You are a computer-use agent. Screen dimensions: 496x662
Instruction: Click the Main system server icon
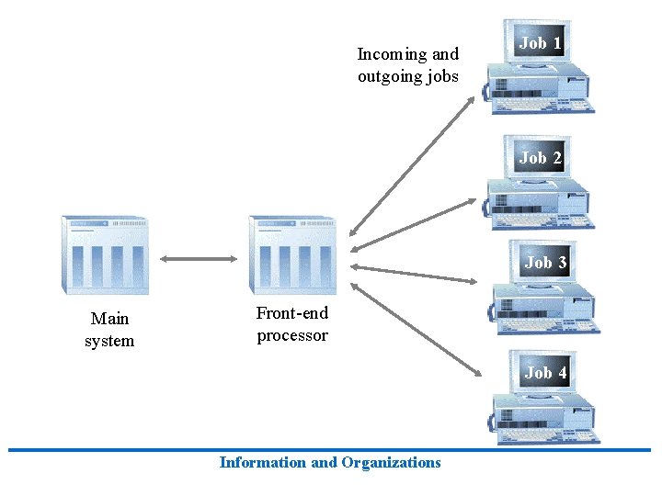point(105,255)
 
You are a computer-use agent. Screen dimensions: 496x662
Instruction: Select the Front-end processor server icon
point(292,255)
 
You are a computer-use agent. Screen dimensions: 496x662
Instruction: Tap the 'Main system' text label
point(109,330)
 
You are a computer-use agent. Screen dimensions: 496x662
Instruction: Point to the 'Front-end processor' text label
point(291,324)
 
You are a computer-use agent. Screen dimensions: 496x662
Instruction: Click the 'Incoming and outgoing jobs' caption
point(407,65)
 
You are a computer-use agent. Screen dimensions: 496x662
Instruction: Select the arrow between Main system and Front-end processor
point(200,259)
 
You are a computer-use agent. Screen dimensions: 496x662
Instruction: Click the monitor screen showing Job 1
point(540,43)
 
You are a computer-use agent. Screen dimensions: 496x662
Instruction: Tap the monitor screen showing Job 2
point(540,158)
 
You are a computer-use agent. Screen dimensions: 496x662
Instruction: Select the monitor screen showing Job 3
point(544,263)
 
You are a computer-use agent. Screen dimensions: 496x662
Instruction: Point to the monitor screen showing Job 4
point(544,372)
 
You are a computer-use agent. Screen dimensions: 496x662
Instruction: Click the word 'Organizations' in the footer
point(391,463)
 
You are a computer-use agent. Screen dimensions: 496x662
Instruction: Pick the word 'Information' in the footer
point(264,463)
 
